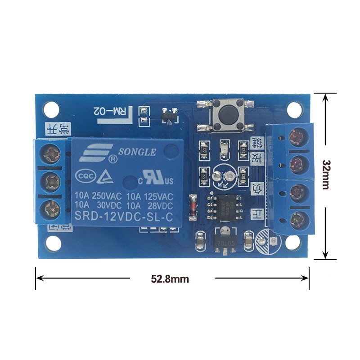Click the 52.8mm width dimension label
click(170, 279)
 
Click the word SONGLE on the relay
click(137, 152)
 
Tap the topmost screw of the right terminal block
click(296, 136)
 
